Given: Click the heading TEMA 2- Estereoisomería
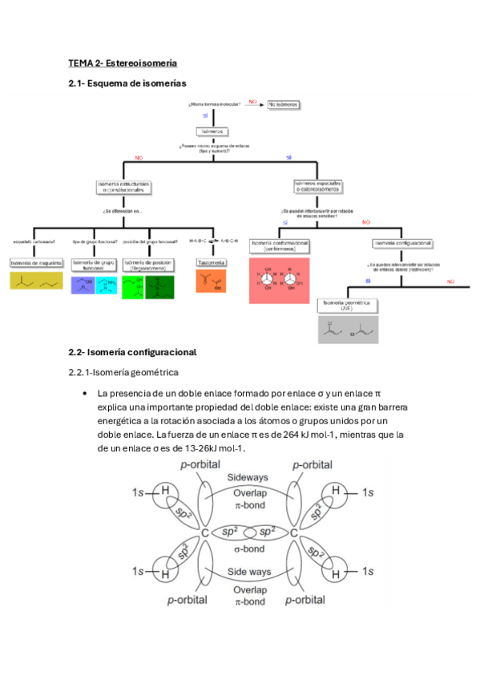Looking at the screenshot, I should [x=122, y=63].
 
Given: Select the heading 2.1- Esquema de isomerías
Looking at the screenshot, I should [x=127, y=83].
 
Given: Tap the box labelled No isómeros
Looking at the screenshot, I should [x=282, y=104].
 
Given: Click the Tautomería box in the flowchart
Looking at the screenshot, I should [x=211, y=262].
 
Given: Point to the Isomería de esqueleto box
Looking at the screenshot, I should [x=35, y=263].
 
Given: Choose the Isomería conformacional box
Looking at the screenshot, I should [x=280, y=245].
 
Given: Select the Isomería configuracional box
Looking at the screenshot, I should [x=403, y=243].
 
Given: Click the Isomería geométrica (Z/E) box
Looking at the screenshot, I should [x=348, y=306].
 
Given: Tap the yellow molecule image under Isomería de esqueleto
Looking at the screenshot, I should [x=35, y=281].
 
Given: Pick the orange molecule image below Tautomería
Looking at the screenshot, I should [x=211, y=281].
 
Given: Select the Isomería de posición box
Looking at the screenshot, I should [x=148, y=265].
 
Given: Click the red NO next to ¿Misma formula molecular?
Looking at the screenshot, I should [x=252, y=102].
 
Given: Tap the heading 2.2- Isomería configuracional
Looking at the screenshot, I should [x=132, y=352].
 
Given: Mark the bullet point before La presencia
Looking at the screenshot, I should [x=85, y=394].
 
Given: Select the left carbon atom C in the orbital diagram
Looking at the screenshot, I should [x=205, y=533].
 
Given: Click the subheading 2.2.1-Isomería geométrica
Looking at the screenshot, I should [x=123, y=372].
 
